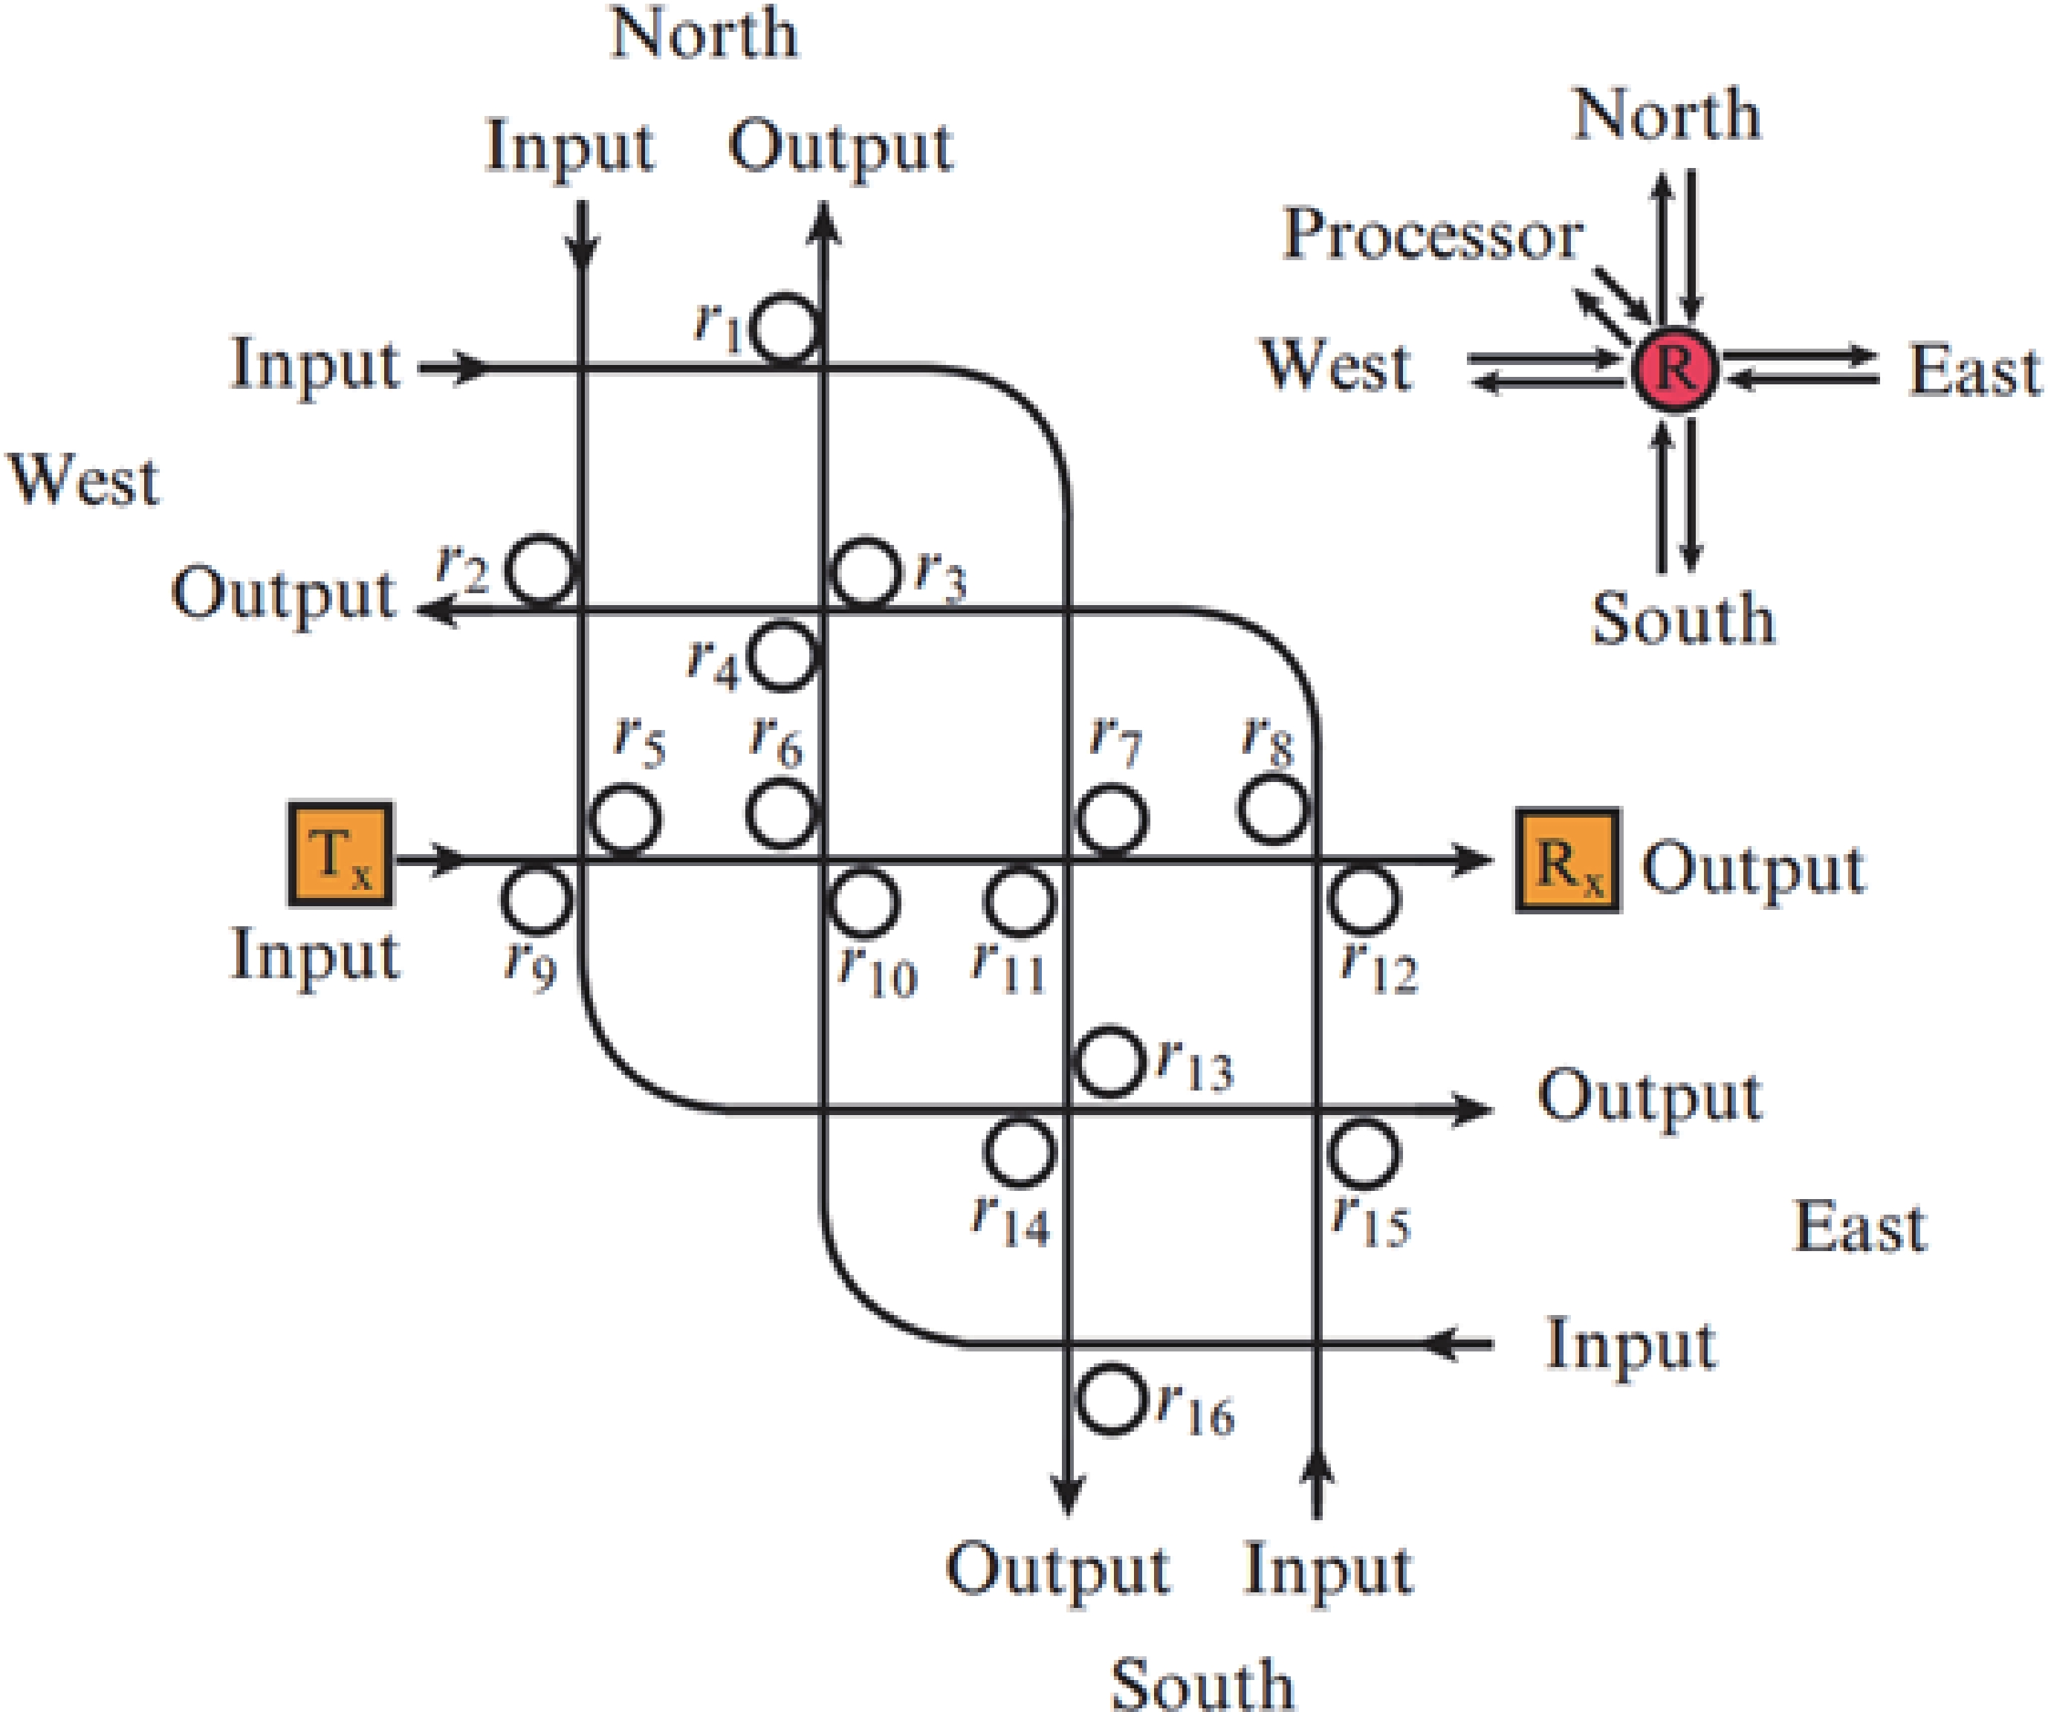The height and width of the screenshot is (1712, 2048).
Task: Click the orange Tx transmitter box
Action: click(x=340, y=855)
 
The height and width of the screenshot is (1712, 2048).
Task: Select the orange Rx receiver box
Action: click(x=1567, y=860)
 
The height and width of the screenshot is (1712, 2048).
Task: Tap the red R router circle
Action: click(x=1674, y=369)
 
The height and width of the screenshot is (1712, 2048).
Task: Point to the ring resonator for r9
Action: click(x=537, y=899)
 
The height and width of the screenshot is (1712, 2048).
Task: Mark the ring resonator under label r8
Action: click(x=1274, y=810)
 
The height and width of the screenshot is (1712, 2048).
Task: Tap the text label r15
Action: click(x=1371, y=1221)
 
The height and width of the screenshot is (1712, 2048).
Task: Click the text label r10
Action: click(x=878, y=972)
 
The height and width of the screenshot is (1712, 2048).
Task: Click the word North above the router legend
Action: click(x=1668, y=115)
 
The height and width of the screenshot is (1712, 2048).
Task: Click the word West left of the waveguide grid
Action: click(x=84, y=481)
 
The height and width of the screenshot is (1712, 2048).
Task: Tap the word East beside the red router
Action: click(x=1974, y=372)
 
